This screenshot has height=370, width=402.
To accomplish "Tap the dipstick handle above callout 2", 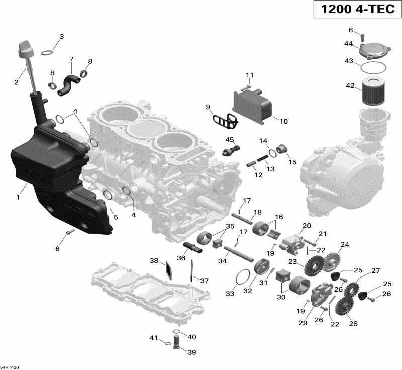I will pos(24,49).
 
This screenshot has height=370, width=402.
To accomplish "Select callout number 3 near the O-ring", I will pos(61,36).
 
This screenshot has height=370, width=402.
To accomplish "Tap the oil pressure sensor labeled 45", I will pos(232,150).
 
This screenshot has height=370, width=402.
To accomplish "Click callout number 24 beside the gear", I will pos(344,245).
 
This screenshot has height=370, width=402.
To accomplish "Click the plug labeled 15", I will pos(282,149).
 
